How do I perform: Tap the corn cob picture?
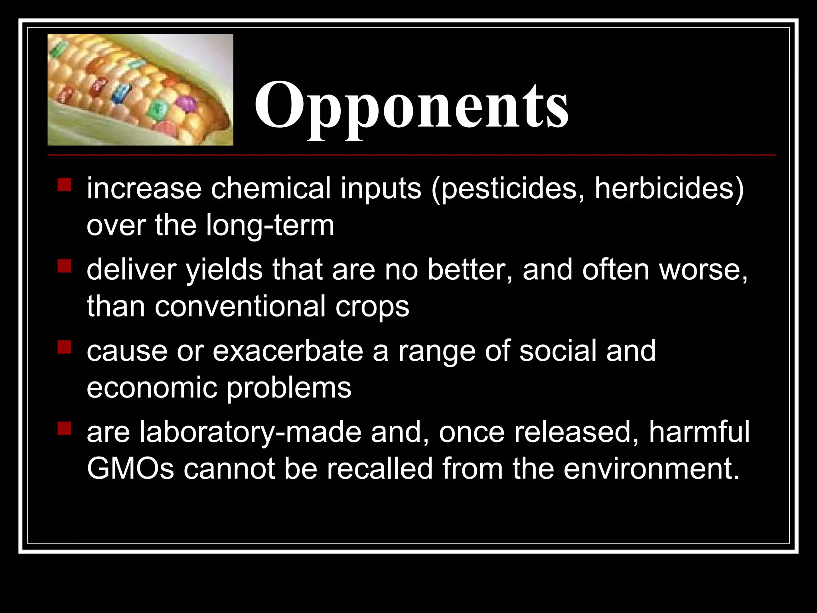(140, 89)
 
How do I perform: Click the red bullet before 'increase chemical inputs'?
(64, 185)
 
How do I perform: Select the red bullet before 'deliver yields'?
(64, 266)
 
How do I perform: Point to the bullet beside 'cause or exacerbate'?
(64, 347)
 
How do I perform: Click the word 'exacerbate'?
(288, 351)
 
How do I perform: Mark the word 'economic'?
(152, 388)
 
